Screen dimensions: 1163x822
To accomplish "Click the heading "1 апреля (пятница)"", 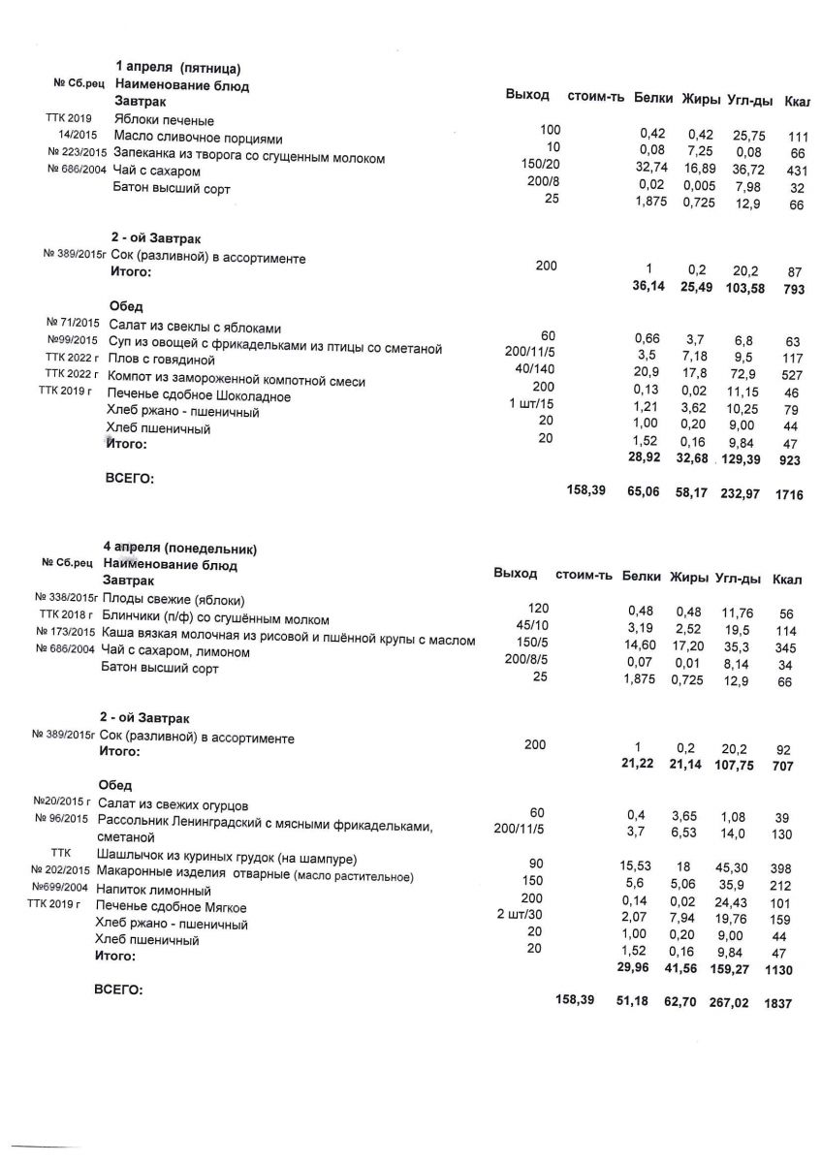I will [177, 69].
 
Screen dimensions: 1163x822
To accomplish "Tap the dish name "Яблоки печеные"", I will [164, 120].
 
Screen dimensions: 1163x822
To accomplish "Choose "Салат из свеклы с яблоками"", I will [195, 327].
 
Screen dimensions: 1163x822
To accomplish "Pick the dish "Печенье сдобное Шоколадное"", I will [199, 396].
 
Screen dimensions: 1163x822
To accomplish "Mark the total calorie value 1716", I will [789, 494].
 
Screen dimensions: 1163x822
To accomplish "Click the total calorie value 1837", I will [777, 1004].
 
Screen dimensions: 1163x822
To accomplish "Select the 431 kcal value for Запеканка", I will [799, 171].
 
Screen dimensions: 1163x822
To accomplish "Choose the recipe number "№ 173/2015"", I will [65, 632].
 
